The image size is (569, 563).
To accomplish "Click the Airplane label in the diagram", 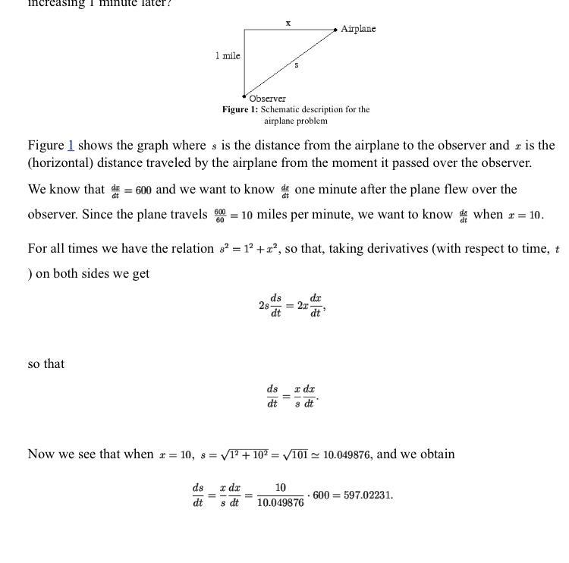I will pos(358,29).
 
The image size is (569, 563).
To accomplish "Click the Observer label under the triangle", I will pos(267,99).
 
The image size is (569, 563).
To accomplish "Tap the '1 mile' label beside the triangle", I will pos(227,55).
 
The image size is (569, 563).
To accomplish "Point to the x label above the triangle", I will pos(288,23).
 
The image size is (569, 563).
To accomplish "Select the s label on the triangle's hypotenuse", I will pos(296,65).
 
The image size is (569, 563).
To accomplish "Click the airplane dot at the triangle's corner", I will pos(336,29).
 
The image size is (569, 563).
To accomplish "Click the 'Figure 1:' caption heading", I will pos(240,109).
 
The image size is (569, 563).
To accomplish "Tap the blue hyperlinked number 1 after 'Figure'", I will pos(71,145).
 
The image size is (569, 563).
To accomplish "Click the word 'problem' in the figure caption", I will pos(313,121).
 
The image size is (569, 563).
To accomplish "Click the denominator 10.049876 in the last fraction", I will pos(281,503).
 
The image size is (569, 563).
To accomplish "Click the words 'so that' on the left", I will pos(46,363).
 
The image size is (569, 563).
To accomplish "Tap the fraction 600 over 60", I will pos(219,215).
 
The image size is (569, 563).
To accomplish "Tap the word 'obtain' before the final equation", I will pos(435,454).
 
